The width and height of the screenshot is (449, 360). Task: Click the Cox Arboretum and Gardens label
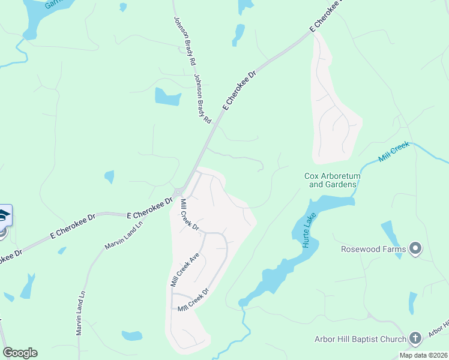tap(331, 180)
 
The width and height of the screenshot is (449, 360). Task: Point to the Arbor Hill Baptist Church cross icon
tap(415, 339)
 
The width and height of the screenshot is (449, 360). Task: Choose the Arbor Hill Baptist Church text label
tap(360, 340)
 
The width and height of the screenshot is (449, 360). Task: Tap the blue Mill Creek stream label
tap(394, 152)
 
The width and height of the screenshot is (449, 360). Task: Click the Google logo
tap(20, 353)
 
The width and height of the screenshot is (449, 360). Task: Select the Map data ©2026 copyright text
tap(423, 355)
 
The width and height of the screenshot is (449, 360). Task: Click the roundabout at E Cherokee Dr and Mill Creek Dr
tap(178, 193)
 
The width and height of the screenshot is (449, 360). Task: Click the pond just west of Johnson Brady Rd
tap(167, 96)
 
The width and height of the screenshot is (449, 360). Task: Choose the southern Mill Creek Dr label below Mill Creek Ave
tap(193, 300)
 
